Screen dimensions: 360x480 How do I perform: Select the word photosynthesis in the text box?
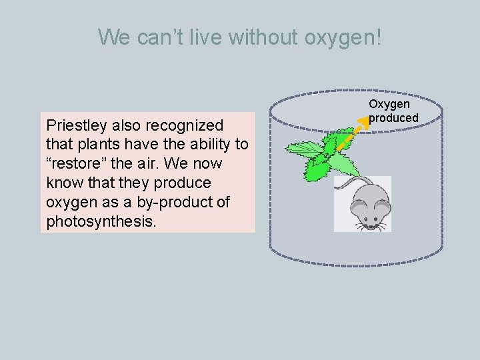pos(101,221)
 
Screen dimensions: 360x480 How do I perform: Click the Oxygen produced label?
pos(393,111)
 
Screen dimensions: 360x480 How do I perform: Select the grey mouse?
pos(363,203)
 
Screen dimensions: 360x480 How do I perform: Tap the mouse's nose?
pos(362,225)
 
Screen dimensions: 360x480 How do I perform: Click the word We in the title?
pos(114,37)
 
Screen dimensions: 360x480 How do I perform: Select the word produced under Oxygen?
pos(393,118)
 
